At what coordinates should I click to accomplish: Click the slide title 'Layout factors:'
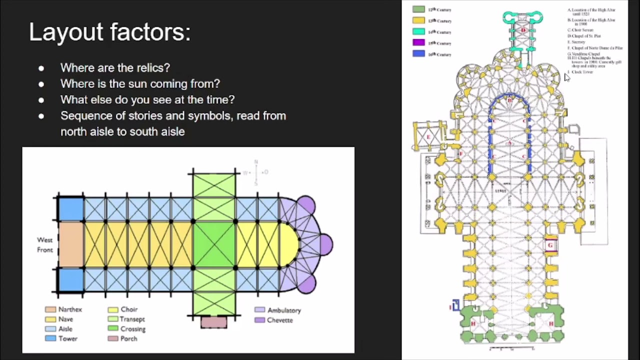coord(109,32)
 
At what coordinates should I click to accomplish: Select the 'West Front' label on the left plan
coord(44,245)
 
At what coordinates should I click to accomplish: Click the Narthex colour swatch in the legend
coord(50,309)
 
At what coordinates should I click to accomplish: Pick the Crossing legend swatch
coord(113,328)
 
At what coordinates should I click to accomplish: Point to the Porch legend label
coord(128,338)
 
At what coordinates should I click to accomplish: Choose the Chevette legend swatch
coord(259,320)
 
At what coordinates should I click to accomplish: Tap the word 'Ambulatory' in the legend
coord(284,310)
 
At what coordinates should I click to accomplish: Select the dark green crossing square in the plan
coord(214,244)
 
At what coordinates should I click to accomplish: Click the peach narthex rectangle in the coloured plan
coord(71,244)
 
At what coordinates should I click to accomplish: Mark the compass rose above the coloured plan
coord(256,172)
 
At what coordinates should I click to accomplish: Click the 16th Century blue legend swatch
coord(419,53)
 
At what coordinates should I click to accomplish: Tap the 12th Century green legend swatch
coord(419,9)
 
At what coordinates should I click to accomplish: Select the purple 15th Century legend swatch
coord(419,42)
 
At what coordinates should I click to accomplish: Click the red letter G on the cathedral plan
coord(550,245)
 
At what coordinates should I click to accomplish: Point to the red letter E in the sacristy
coord(428,136)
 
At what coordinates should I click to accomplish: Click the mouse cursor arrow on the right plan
coord(566,77)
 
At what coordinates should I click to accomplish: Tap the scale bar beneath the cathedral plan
coord(510,347)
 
